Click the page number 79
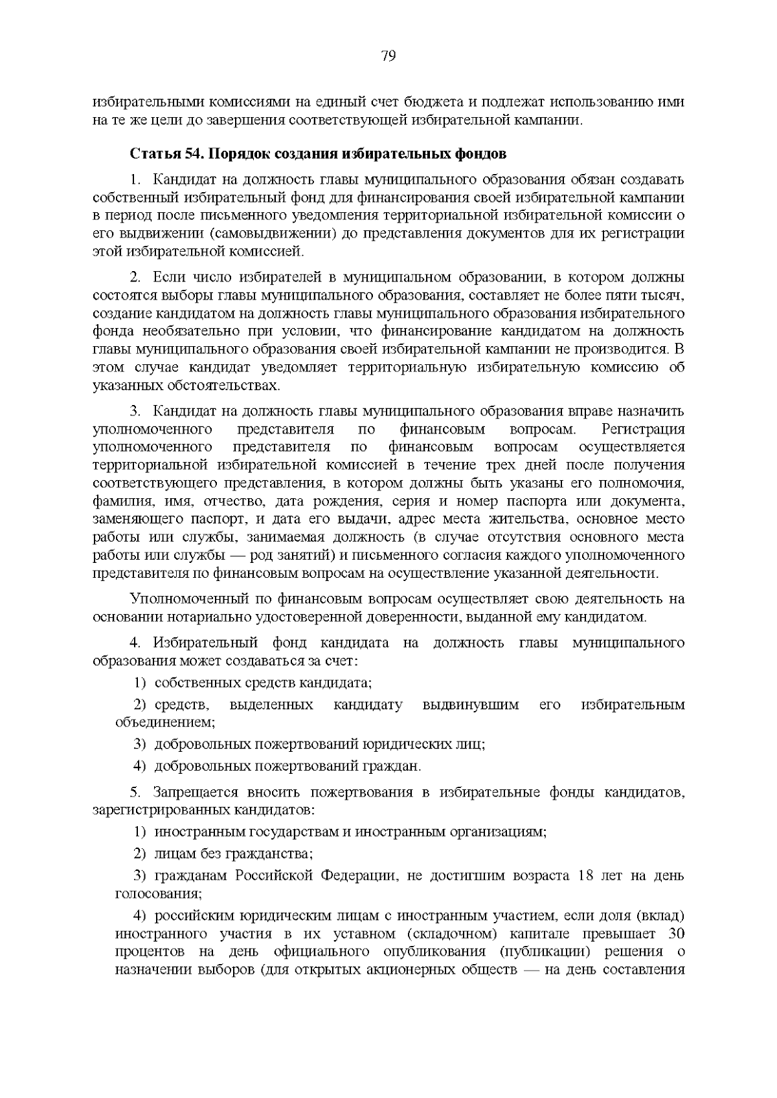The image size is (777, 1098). [x=388, y=56]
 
